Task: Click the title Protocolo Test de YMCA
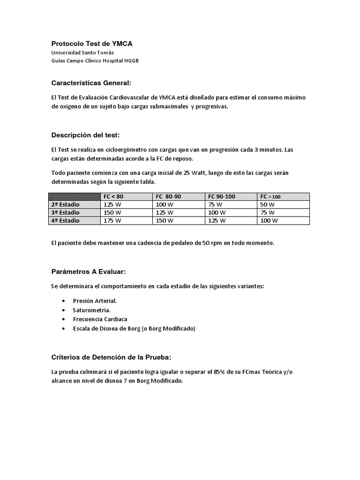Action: pos(92,44)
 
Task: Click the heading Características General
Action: pos(91,83)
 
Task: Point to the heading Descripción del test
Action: pos(85,135)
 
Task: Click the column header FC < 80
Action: pos(113,197)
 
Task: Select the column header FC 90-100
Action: pos(223,197)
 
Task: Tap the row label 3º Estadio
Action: pos(65,212)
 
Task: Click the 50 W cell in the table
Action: pos(267,205)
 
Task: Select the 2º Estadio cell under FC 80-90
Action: pos(165,205)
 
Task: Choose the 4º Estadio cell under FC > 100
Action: pos(269,220)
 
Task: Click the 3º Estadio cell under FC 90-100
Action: pos(217,212)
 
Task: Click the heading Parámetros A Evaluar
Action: pos(88,272)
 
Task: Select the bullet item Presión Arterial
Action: pos(95,300)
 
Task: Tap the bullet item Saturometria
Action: pos(91,310)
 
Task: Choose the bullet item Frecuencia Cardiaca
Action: pos(100,319)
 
